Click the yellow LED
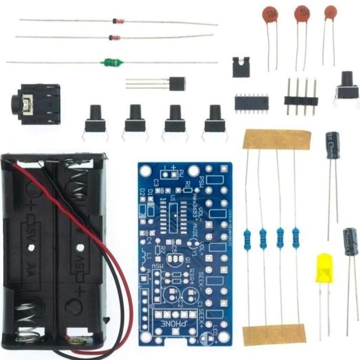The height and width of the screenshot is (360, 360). pos(324,268)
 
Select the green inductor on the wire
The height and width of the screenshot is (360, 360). pos(113,63)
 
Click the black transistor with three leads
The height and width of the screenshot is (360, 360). pos(177,83)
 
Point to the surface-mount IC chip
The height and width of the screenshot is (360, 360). pos(251,102)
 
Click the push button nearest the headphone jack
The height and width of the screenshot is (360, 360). pos(95,119)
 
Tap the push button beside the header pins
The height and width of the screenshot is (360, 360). pos(347,85)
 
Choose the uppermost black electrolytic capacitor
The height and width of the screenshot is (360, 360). pos(333,145)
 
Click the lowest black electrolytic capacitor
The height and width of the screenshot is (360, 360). pos(351,242)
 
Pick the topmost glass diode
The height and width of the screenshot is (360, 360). pos(118,22)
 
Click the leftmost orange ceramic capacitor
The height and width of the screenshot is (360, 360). pos(271,14)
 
